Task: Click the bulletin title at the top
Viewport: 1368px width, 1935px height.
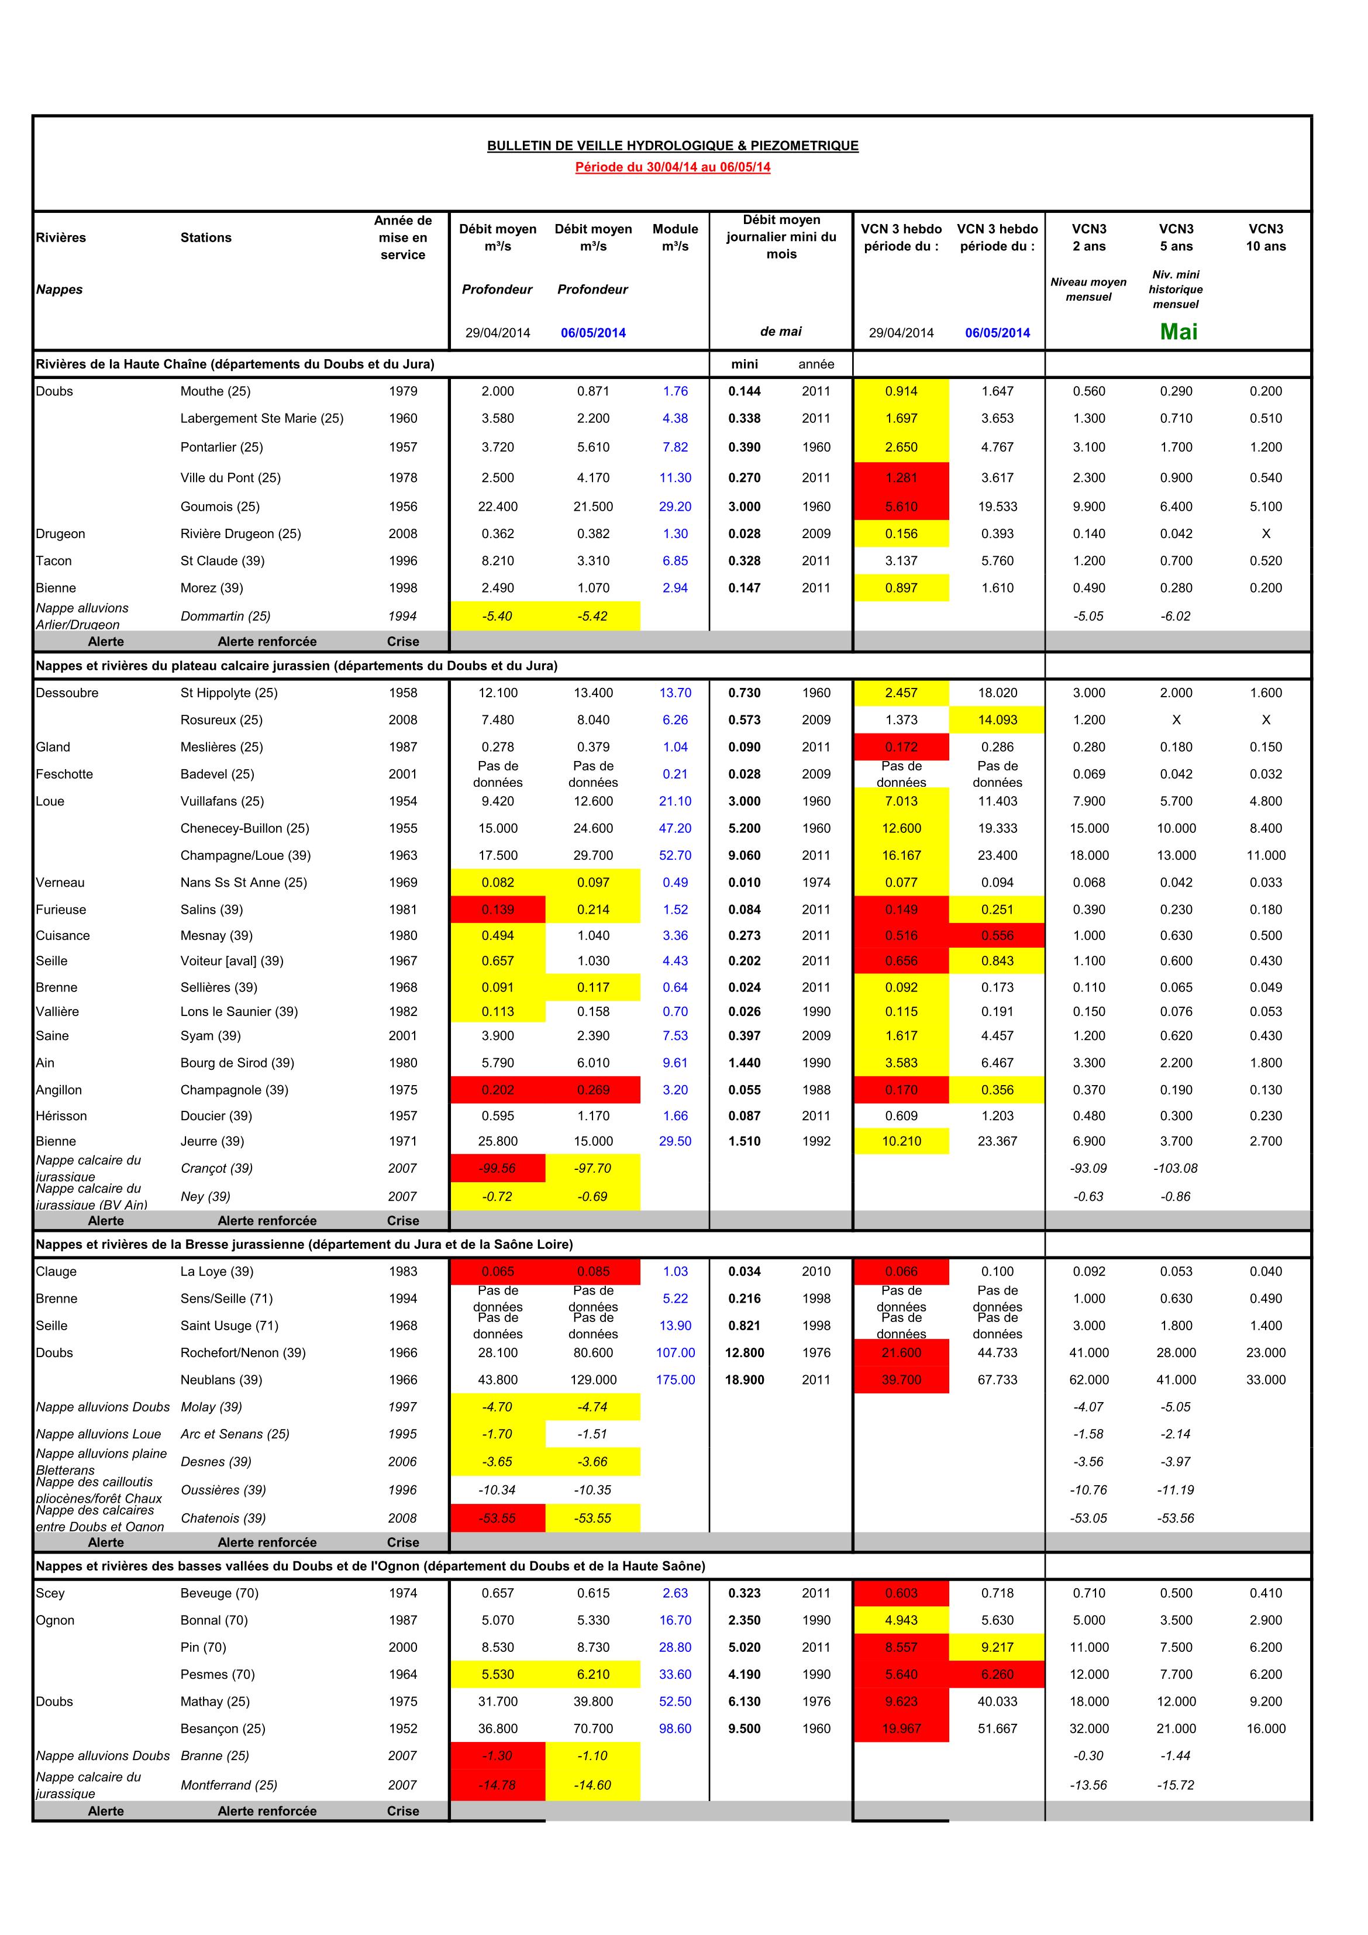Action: (673, 146)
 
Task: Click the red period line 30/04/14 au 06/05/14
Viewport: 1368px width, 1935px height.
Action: (673, 167)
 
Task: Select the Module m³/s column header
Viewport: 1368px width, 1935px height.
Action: (675, 237)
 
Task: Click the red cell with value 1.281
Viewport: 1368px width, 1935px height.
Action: (901, 478)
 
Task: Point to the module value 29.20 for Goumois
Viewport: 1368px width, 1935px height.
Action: (675, 507)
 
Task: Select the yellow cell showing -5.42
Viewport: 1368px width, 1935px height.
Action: (592, 616)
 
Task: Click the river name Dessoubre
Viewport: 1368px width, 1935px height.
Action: (67, 693)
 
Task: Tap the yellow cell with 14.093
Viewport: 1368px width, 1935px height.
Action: (997, 719)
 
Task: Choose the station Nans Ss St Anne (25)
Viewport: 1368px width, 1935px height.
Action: (243, 882)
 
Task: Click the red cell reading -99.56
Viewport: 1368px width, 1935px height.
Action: (497, 1168)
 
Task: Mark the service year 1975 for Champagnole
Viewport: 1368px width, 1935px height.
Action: (403, 1090)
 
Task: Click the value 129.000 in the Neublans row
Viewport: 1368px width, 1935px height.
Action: (592, 1380)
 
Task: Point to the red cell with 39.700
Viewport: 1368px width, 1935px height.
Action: (901, 1380)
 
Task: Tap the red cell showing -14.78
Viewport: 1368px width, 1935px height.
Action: (497, 1785)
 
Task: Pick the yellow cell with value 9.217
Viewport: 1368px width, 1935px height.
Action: (997, 1647)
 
